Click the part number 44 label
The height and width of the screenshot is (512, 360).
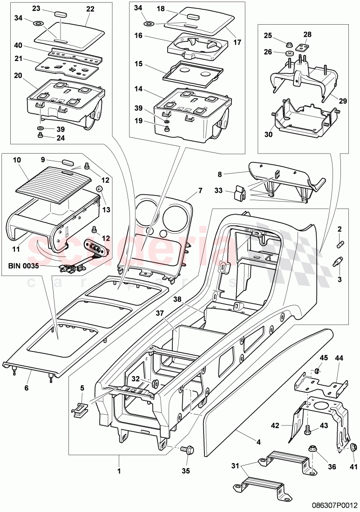click(x=338, y=359)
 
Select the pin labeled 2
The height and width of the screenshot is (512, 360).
click(x=340, y=243)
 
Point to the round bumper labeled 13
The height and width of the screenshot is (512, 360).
click(x=99, y=189)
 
